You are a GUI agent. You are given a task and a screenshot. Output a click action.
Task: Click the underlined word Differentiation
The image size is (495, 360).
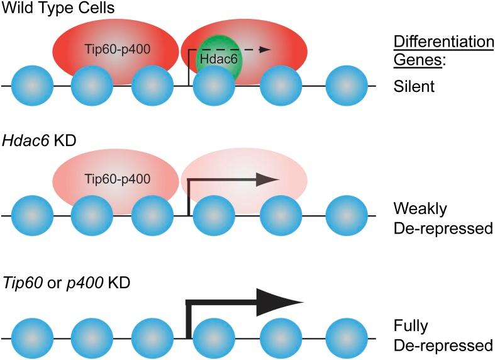click(443, 42)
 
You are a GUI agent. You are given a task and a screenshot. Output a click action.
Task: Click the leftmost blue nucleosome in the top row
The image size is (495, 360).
click(33, 85)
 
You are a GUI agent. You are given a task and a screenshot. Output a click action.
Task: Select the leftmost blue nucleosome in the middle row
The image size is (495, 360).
click(33, 215)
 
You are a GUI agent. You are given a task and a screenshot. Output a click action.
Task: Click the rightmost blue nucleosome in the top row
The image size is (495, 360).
click(346, 85)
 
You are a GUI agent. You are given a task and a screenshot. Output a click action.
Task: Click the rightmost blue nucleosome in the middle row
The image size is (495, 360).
click(346, 215)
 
